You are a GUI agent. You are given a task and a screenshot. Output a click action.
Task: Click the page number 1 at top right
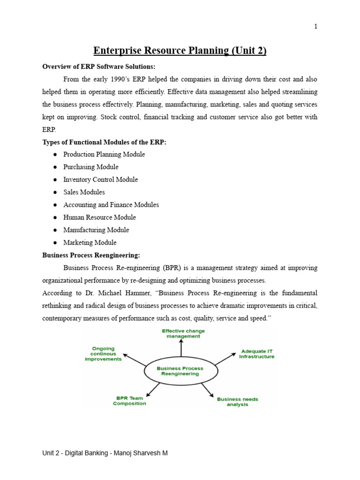pyautogui.click(x=316, y=27)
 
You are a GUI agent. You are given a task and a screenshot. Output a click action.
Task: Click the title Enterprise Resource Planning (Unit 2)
pyautogui.click(x=180, y=50)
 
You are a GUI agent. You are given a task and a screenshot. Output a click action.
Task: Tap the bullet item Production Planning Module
pyautogui.click(x=104, y=154)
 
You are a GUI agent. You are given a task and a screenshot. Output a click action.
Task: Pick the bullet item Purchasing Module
pyautogui.click(x=91, y=167)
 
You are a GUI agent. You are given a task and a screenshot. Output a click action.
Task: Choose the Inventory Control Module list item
pyautogui.click(x=100, y=180)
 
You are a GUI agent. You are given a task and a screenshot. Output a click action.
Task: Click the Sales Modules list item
pyautogui.click(x=84, y=192)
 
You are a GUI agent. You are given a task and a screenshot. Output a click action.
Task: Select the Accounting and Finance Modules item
pyautogui.click(x=111, y=205)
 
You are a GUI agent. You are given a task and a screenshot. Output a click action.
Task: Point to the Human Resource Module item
pyautogui.click(x=99, y=217)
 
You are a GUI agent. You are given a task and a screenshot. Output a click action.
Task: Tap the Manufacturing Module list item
pyautogui.click(x=96, y=230)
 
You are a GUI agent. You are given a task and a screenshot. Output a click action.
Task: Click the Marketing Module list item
pyautogui.click(x=90, y=243)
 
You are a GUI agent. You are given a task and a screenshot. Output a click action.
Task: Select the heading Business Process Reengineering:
pyautogui.click(x=91, y=255)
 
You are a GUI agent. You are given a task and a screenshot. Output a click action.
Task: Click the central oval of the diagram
pyautogui.click(x=180, y=371)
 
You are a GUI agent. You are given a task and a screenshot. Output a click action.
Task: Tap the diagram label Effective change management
pyautogui.click(x=183, y=333)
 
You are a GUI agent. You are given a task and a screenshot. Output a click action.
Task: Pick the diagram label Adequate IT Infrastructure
pyautogui.click(x=256, y=354)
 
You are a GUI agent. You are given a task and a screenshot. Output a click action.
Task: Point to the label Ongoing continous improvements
pyautogui.click(x=103, y=354)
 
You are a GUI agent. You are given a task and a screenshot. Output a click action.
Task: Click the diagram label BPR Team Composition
pyautogui.click(x=129, y=401)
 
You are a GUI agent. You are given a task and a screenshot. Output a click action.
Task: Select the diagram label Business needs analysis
pyautogui.click(x=237, y=402)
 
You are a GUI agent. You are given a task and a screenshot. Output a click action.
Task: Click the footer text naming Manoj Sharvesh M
pyautogui.click(x=105, y=453)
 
